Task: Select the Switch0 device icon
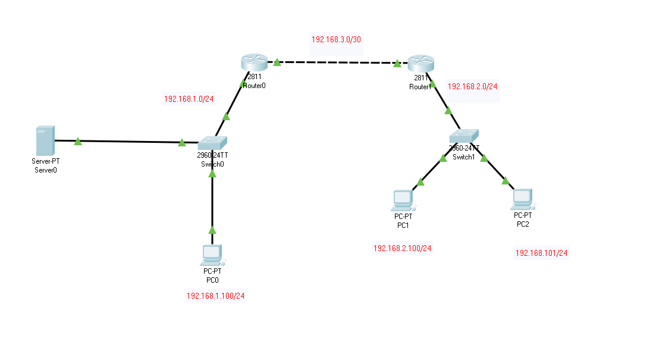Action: (x=212, y=143)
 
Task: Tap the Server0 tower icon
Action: (x=45, y=140)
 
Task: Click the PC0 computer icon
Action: (x=212, y=255)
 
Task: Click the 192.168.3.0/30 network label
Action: (x=336, y=39)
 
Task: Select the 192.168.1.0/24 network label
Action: (x=189, y=99)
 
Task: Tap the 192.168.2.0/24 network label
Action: (x=472, y=86)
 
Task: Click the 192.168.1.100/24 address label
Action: (x=216, y=296)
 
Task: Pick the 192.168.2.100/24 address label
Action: (x=402, y=248)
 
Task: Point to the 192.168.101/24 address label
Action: (x=541, y=253)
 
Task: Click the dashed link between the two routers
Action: (x=337, y=62)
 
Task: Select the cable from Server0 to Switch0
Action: (x=128, y=142)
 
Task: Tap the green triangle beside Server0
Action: (x=78, y=141)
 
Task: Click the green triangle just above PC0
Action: (x=212, y=230)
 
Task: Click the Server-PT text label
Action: (x=46, y=161)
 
